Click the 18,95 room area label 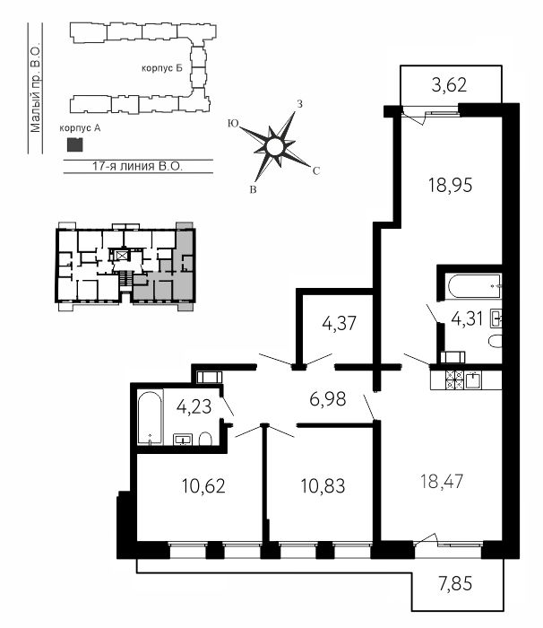[x=450, y=186]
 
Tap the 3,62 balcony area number [x=449, y=85]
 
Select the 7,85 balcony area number [x=455, y=583]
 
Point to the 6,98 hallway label [x=328, y=399]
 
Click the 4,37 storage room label [x=339, y=323]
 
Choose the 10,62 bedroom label [x=203, y=486]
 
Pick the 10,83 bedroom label [x=323, y=486]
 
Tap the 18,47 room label [x=442, y=481]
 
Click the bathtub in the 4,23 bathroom [x=151, y=417]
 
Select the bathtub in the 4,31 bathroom [x=475, y=286]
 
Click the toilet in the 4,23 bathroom [x=205, y=439]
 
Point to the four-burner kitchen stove [x=454, y=379]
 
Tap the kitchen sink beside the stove [x=473, y=379]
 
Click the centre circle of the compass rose [x=274, y=145]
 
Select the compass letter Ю [x=232, y=124]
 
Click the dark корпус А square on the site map [x=74, y=144]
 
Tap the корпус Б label [x=161, y=68]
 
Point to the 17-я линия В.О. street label [x=137, y=166]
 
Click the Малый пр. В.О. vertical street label [x=36, y=89]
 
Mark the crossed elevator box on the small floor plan [x=121, y=255]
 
